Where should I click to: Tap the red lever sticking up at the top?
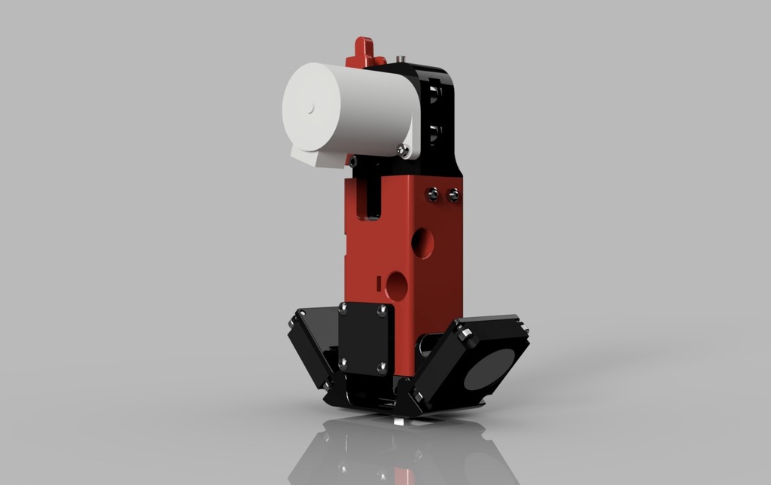(x=364, y=52)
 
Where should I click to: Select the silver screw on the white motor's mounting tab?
(x=404, y=151)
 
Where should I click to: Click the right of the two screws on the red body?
(x=453, y=196)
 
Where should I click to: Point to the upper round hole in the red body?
(x=422, y=242)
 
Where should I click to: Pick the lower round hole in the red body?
(x=397, y=286)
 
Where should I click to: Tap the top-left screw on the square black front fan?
(x=343, y=307)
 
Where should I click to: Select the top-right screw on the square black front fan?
(x=382, y=309)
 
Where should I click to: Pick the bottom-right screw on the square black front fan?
(x=382, y=368)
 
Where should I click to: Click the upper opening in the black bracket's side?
(x=434, y=93)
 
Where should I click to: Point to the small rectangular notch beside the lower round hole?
(x=376, y=283)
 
